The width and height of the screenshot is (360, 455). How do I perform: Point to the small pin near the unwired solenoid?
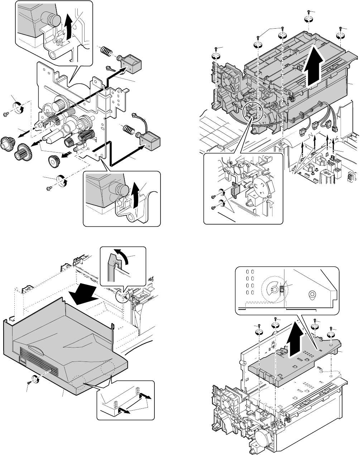(109, 68)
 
